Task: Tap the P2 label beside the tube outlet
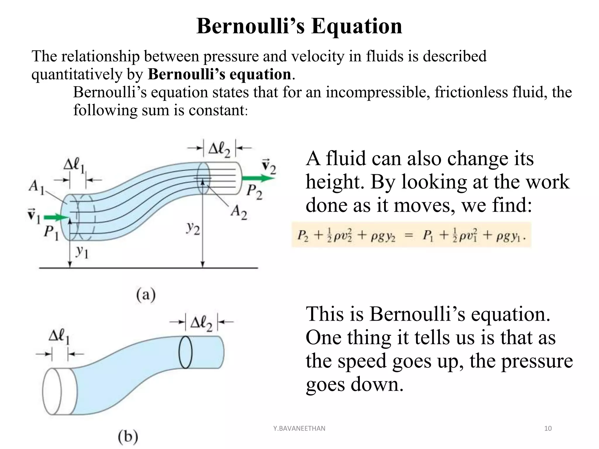pos(254,192)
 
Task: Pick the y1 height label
pos(82,252)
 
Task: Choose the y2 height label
pos(193,229)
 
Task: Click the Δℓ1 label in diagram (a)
pos(74,165)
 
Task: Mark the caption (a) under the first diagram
pos(146,295)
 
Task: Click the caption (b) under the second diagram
pos(128,437)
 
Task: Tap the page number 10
pos(548,429)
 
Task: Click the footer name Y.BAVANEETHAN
pos(299,429)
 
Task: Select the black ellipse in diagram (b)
pos(185,352)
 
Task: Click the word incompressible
pos(378,92)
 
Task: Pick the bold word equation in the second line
pos(260,74)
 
